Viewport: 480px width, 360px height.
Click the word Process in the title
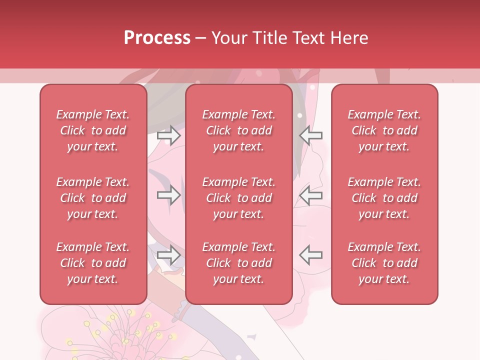(x=157, y=38)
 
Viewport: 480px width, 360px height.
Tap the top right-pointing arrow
(x=168, y=135)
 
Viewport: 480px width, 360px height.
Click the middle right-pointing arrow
(x=168, y=195)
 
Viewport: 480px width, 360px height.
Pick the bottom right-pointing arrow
(x=168, y=255)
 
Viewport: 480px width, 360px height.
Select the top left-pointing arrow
(x=310, y=135)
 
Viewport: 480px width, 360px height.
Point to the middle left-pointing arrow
(x=310, y=195)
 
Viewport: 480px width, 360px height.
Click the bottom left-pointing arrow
(x=310, y=255)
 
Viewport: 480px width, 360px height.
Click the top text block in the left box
(x=93, y=130)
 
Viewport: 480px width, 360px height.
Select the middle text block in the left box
(x=93, y=198)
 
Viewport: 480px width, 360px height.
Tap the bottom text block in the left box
(x=93, y=263)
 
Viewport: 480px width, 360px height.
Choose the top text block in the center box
(x=239, y=130)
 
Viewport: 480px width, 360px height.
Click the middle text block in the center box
(x=239, y=198)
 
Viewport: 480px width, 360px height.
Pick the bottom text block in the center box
(x=239, y=263)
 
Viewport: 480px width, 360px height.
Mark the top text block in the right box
(x=384, y=130)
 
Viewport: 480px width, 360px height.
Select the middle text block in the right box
(x=384, y=198)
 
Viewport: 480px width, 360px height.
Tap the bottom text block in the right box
(x=384, y=263)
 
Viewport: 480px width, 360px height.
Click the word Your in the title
(x=228, y=38)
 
